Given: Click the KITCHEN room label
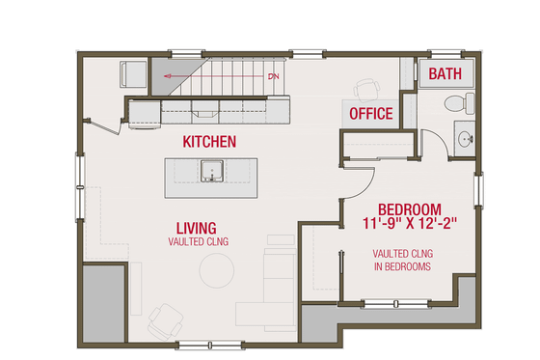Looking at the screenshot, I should point(209,142).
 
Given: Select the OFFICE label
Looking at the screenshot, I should point(370,114).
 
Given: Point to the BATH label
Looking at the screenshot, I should point(445,74).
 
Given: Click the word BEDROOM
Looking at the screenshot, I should point(409,209).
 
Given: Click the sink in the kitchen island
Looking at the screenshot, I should point(212,174).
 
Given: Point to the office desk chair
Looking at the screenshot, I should point(364,90).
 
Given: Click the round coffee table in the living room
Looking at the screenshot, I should point(215,271).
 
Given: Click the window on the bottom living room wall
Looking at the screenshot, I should point(210,346).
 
